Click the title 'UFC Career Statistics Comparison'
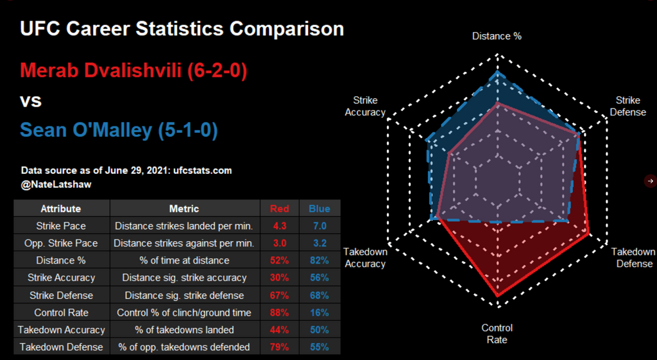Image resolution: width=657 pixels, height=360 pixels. click(182, 29)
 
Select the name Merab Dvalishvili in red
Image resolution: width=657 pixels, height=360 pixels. click(133, 70)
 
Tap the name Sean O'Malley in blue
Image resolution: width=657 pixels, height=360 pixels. click(119, 130)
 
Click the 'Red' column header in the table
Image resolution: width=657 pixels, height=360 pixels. click(279, 209)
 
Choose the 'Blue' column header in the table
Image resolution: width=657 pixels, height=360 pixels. click(320, 209)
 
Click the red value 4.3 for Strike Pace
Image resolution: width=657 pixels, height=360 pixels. click(279, 226)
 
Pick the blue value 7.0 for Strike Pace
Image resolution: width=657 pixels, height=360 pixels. click(320, 226)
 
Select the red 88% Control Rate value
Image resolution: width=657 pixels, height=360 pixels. click(279, 313)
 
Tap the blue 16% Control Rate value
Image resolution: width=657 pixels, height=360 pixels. click(320, 313)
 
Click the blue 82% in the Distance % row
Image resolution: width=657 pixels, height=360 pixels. click(320, 261)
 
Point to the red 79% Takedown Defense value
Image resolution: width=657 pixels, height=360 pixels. click(279, 347)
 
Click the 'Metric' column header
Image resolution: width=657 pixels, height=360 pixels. click(183, 209)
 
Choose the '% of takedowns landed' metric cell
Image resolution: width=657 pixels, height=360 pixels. click(184, 330)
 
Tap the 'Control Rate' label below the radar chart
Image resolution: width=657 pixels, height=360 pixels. click(497, 334)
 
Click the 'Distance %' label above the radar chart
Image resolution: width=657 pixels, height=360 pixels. click(497, 36)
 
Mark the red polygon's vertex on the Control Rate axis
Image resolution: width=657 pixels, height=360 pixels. click(497, 295)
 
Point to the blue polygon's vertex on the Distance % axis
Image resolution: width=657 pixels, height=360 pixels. click(497, 74)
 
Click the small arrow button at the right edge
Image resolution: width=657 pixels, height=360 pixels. click(650, 181)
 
